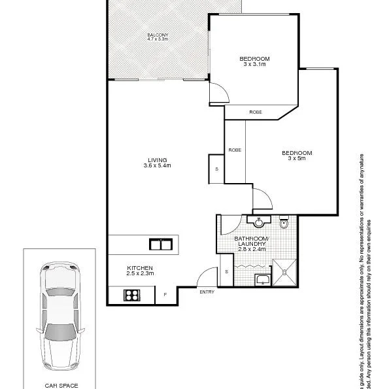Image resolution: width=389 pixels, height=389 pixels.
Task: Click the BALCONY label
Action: (158, 34)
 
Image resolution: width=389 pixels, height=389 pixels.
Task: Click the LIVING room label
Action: (157, 160)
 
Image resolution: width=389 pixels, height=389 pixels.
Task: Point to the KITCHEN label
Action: (141, 268)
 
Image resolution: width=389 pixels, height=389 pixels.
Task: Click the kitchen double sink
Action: (160, 245)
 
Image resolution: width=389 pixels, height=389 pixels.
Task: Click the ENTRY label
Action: (207, 292)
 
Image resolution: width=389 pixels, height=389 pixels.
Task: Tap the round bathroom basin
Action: (259, 221)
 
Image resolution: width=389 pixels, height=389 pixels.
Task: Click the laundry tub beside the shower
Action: (262, 280)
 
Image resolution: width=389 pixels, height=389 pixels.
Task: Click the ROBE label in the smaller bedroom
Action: (256, 112)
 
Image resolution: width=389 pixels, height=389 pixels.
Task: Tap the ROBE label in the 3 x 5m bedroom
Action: (235, 150)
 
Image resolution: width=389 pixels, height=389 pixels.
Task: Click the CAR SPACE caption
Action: (61, 385)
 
